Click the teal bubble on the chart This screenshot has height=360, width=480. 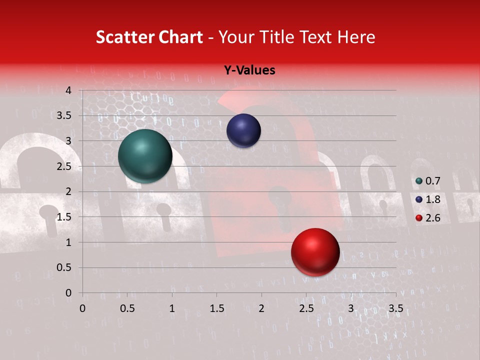[x=145, y=155]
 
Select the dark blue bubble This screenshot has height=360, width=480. [x=243, y=130]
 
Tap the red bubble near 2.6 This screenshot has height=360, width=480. [x=315, y=252]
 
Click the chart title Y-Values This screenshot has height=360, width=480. [x=249, y=70]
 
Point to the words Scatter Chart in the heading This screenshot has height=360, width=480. [x=149, y=37]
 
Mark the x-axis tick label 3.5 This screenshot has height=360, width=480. [x=395, y=308]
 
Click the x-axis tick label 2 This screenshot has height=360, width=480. [x=261, y=308]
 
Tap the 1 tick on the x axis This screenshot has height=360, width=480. [x=172, y=308]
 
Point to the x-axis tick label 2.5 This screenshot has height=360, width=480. [x=306, y=308]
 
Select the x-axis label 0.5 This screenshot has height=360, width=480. [x=127, y=308]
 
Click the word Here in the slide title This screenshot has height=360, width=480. [x=356, y=37]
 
